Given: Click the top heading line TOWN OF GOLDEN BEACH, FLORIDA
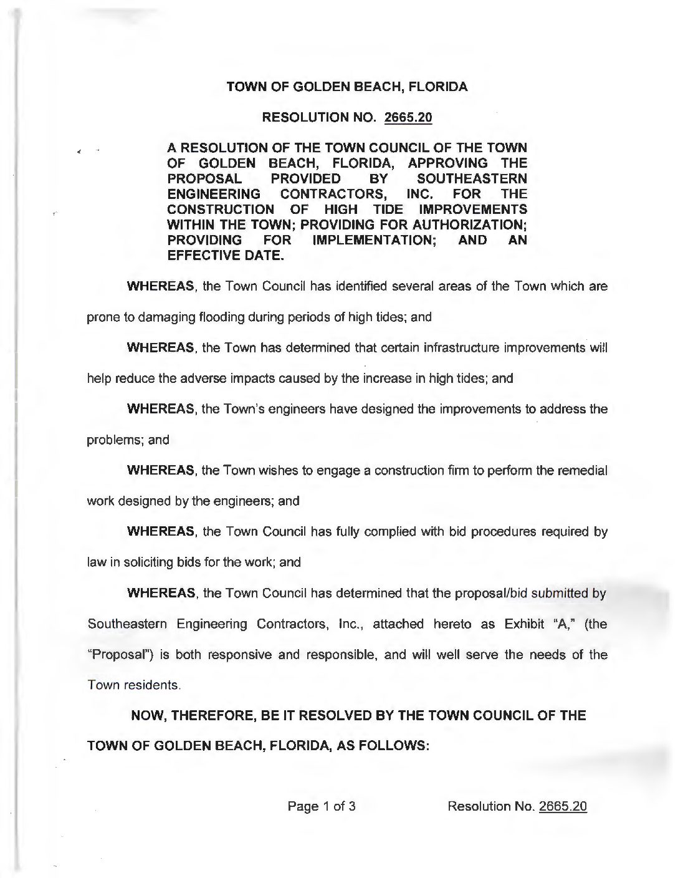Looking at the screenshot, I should pyautogui.click(x=346, y=87).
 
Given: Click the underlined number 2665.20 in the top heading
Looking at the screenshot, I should pyautogui.click(x=409, y=117).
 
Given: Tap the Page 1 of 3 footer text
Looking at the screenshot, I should pyautogui.click(x=321, y=806).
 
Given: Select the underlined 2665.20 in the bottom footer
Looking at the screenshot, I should pyautogui.click(x=563, y=806).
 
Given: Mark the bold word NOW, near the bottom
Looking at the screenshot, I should pyautogui.click(x=147, y=716).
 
